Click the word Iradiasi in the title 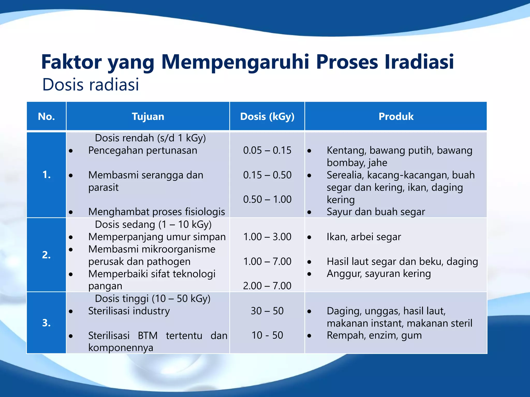tap(419, 62)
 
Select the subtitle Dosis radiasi tap(91, 85)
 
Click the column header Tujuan tap(148, 117)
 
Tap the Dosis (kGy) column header tap(267, 117)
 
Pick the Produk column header tap(396, 117)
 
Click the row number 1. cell tap(46, 175)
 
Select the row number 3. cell tap(46, 323)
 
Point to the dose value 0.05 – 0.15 tap(267, 150)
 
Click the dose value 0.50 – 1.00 tap(267, 199)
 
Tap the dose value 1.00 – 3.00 tap(267, 237)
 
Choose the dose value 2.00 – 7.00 tap(267, 286)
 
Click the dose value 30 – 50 tap(267, 311)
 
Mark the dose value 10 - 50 tap(267, 335)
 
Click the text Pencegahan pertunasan tap(143, 150)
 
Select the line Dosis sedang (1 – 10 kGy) tap(153, 224)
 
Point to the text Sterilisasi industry tap(129, 311)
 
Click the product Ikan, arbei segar tap(364, 237)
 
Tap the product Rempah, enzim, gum tap(374, 335)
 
